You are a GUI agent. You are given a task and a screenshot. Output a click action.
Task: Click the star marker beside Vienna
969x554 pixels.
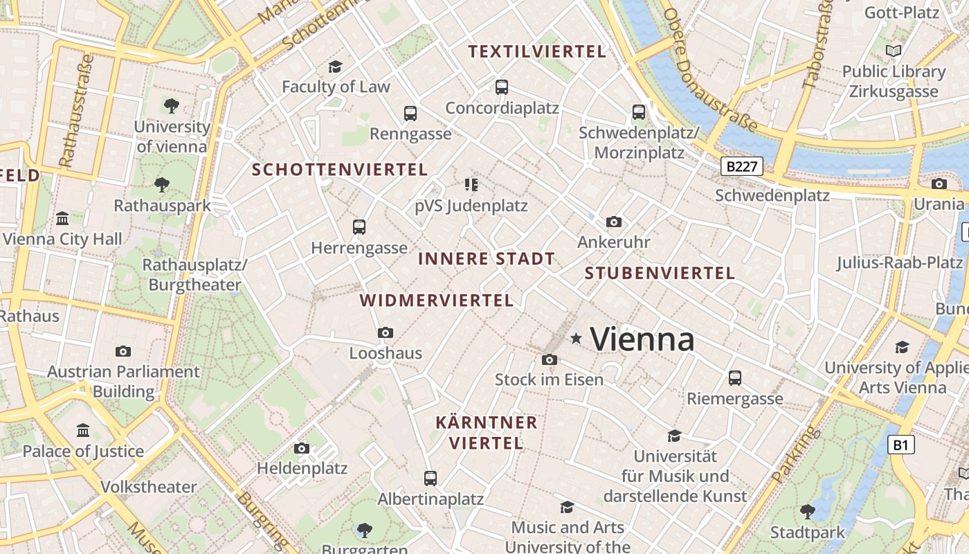click(576, 338)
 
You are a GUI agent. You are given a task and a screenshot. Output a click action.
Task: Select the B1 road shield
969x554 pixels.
click(900, 445)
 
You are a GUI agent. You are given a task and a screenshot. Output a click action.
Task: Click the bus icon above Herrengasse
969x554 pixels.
click(359, 226)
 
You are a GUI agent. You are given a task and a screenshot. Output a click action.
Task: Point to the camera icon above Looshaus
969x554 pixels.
click(386, 332)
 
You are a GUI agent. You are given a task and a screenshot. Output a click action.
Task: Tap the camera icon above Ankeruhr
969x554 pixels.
click(613, 222)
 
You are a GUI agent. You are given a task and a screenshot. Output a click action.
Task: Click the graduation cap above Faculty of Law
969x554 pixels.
click(335, 66)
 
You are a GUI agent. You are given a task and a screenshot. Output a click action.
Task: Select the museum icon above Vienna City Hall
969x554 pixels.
click(62, 218)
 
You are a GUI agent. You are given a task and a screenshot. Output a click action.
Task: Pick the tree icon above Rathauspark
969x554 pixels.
click(161, 184)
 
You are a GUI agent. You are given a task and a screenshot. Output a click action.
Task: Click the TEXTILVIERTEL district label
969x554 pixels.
click(537, 51)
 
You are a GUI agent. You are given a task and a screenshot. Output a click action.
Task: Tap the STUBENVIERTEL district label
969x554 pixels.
click(660, 273)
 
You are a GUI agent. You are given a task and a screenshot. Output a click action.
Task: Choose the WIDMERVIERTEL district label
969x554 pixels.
click(437, 301)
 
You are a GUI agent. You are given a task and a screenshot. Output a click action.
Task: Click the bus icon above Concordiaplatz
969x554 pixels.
click(502, 87)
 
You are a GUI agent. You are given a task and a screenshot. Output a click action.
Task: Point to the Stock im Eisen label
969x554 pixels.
click(549, 379)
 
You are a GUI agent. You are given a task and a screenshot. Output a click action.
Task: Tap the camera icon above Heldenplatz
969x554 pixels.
click(301, 448)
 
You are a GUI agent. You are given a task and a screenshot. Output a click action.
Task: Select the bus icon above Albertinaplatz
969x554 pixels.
click(430, 478)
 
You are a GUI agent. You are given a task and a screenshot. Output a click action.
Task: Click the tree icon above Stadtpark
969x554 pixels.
click(807, 512)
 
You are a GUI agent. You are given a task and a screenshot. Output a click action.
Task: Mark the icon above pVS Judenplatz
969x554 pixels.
click(471, 184)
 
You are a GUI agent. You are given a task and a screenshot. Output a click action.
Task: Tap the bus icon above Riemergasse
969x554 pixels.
click(734, 378)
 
